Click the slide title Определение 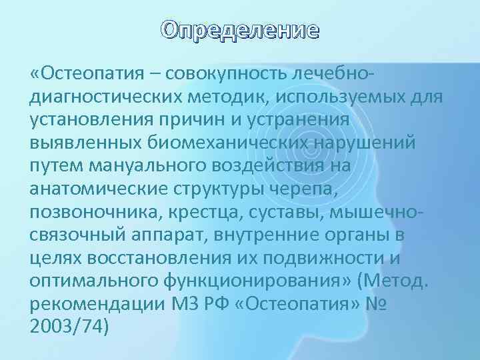[x=241, y=31]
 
